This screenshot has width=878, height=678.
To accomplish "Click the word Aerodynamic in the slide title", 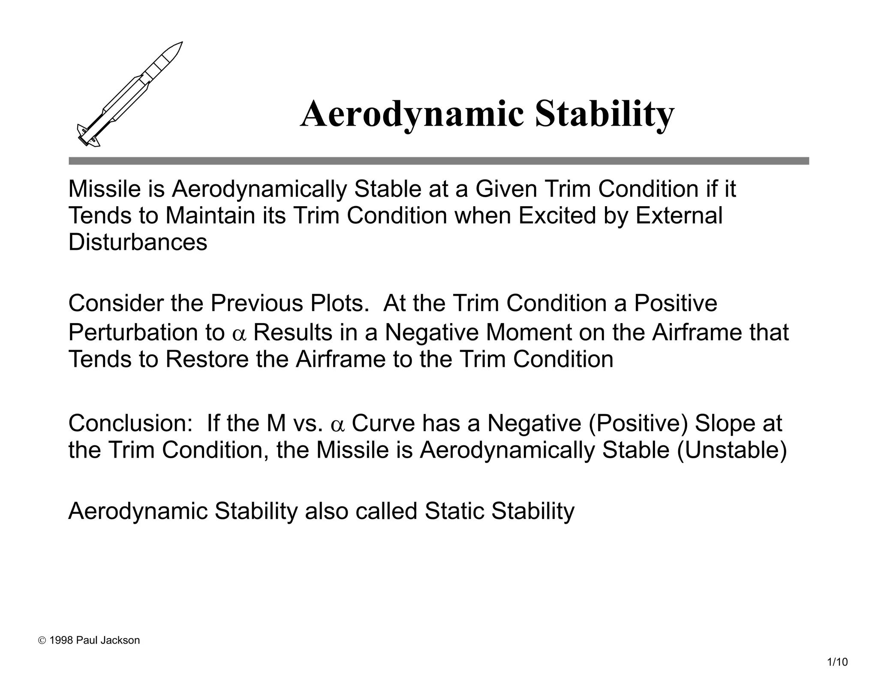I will pyautogui.click(x=412, y=114).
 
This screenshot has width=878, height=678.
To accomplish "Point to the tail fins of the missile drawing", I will pyautogui.click(x=88, y=136).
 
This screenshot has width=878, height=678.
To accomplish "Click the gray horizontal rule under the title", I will pyautogui.click(x=439, y=161).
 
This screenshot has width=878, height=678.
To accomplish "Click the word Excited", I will pyautogui.click(x=557, y=216).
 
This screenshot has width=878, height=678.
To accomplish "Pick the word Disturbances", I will pyautogui.click(x=138, y=242).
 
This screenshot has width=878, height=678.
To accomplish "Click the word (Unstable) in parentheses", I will pyautogui.click(x=732, y=450).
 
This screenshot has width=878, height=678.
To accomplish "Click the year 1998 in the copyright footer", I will pyautogui.click(x=61, y=640).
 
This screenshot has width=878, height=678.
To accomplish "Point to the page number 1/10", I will pyautogui.click(x=837, y=662).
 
